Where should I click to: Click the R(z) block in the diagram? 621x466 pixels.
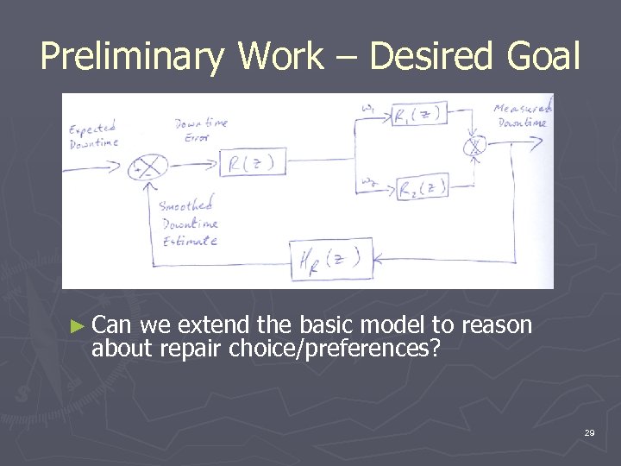point(253,163)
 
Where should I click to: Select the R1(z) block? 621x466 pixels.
point(423,116)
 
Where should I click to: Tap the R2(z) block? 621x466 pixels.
point(423,187)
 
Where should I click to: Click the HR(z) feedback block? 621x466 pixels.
point(331,258)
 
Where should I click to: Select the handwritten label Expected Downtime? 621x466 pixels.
point(94,136)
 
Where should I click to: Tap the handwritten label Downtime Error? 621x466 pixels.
point(200,129)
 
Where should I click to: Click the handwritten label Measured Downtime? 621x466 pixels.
point(523,115)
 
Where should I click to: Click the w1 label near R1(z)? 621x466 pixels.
point(368,109)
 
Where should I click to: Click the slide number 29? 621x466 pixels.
point(589,431)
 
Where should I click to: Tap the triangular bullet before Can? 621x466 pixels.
point(78,326)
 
